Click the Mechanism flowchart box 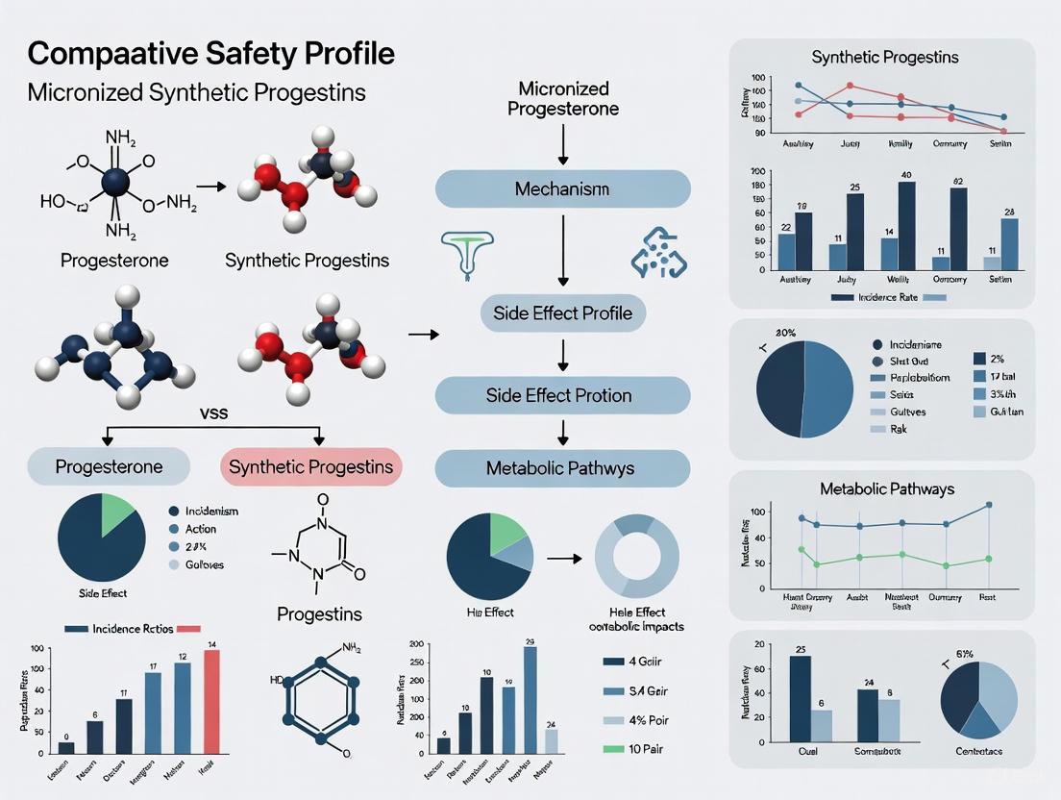coord(562,188)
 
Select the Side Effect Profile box coord(562,312)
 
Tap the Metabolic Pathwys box coord(562,468)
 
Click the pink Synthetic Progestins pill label coord(310,467)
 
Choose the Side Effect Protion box coord(562,395)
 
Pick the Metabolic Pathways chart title coord(887,489)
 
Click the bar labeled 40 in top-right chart coord(906,224)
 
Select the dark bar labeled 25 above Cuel coord(800,702)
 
